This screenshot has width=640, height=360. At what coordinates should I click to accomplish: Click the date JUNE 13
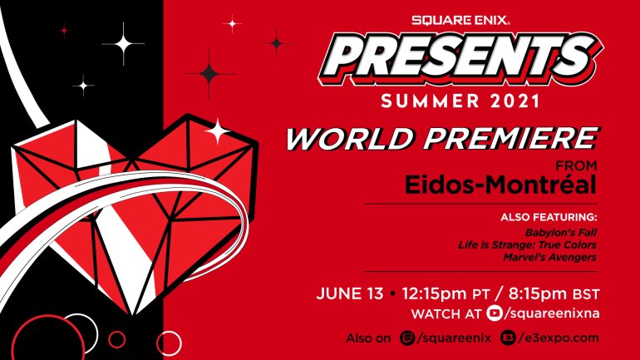tap(350, 295)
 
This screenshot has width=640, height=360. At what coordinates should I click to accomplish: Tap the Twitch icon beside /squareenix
tap(407, 338)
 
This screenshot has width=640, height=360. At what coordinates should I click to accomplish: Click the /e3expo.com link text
tap(557, 338)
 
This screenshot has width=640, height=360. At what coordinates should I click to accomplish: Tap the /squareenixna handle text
tap(551, 313)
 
